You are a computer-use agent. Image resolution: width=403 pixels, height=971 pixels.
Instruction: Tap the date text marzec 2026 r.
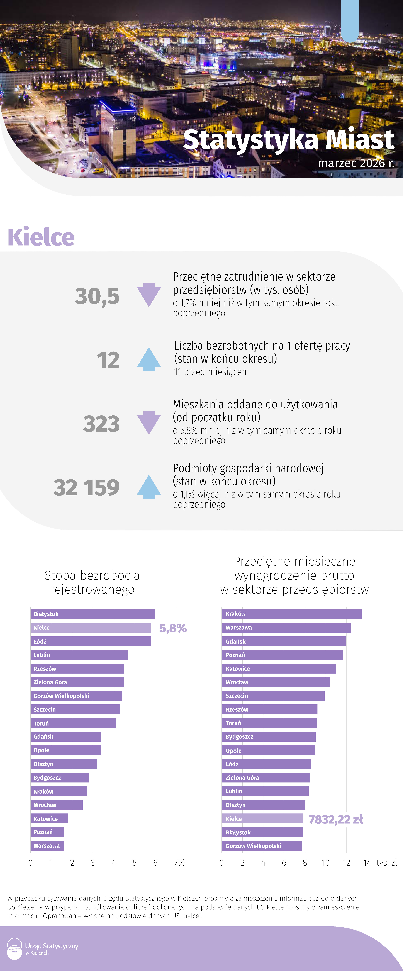click(x=356, y=163)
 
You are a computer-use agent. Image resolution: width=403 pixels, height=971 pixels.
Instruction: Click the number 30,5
click(x=97, y=296)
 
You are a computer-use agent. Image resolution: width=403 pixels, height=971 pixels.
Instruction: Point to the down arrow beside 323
click(x=149, y=423)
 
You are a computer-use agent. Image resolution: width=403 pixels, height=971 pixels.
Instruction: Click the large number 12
click(x=108, y=360)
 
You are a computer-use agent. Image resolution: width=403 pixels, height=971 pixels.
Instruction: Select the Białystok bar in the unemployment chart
click(x=93, y=614)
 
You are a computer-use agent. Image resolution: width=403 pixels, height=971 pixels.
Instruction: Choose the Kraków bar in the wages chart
click(x=291, y=614)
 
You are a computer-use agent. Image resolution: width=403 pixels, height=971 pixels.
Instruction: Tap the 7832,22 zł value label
click(x=336, y=819)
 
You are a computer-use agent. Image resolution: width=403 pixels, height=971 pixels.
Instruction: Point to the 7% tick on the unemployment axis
click(x=179, y=863)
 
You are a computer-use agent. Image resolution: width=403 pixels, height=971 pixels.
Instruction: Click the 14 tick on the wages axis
click(x=367, y=863)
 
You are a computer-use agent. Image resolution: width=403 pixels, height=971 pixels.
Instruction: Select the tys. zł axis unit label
click(x=387, y=863)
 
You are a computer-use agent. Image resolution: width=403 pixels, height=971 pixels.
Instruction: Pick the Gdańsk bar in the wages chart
click(x=283, y=642)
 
